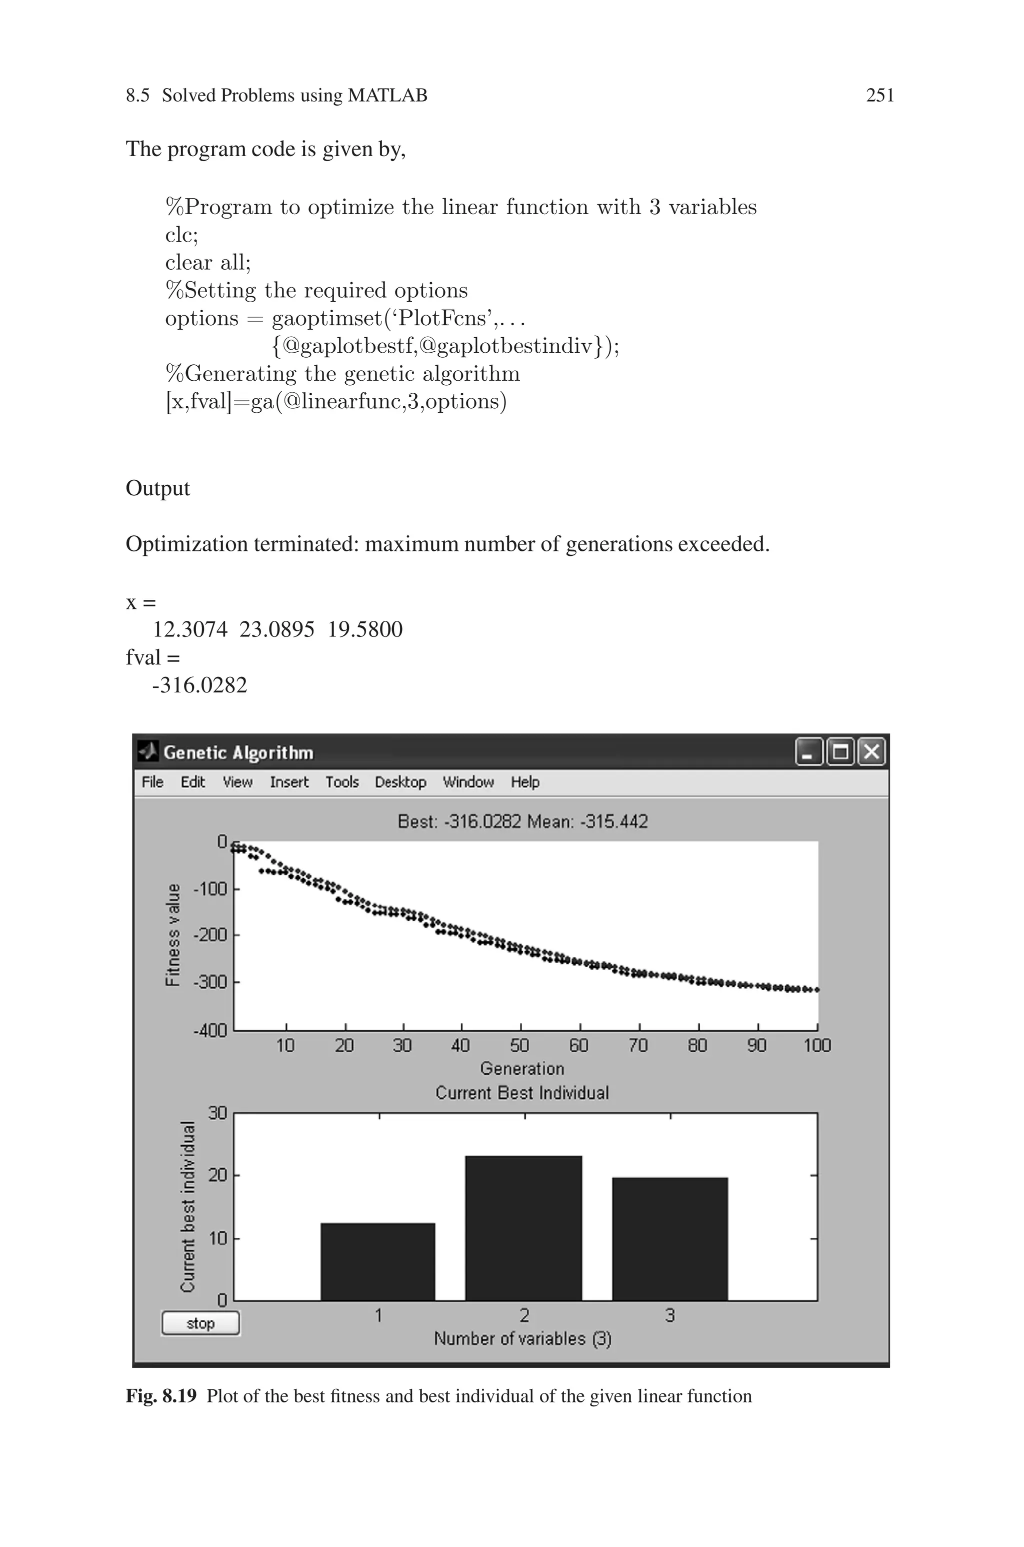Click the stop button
pos(200,1323)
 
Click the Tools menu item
pos(342,782)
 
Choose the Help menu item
pos(525,782)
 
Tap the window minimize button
pos(809,752)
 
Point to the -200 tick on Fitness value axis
pos(210,935)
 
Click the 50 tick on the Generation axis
pos(520,1045)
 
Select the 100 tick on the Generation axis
pos(817,1045)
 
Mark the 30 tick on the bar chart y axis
pos(217,1113)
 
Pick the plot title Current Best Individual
pos(522,1093)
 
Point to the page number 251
pos(879,96)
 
